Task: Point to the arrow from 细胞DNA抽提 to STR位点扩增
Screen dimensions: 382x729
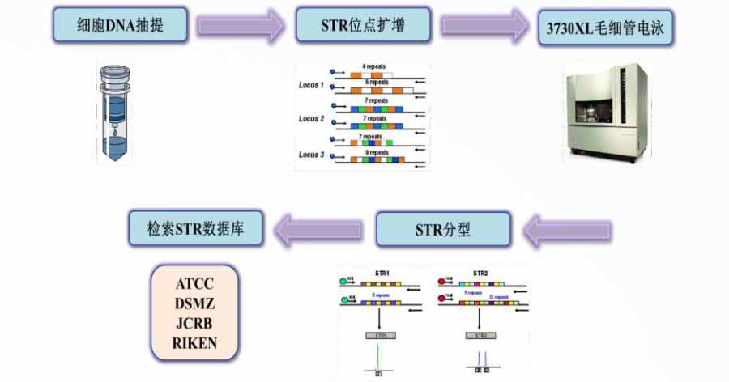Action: tap(240, 26)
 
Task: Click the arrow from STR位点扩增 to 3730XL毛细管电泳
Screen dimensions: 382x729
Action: tap(484, 26)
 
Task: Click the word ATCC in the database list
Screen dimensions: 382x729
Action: tap(195, 285)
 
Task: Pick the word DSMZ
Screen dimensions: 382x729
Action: tap(195, 304)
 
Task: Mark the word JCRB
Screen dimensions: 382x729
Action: tap(195, 324)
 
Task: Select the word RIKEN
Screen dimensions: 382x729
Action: tap(195, 343)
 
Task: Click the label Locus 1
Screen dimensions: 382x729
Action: tap(311, 85)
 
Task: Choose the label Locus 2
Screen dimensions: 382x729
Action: tap(311, 119)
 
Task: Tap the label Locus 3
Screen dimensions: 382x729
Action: tap(311, 154)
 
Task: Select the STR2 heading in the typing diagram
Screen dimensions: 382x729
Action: tap(480, 274)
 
